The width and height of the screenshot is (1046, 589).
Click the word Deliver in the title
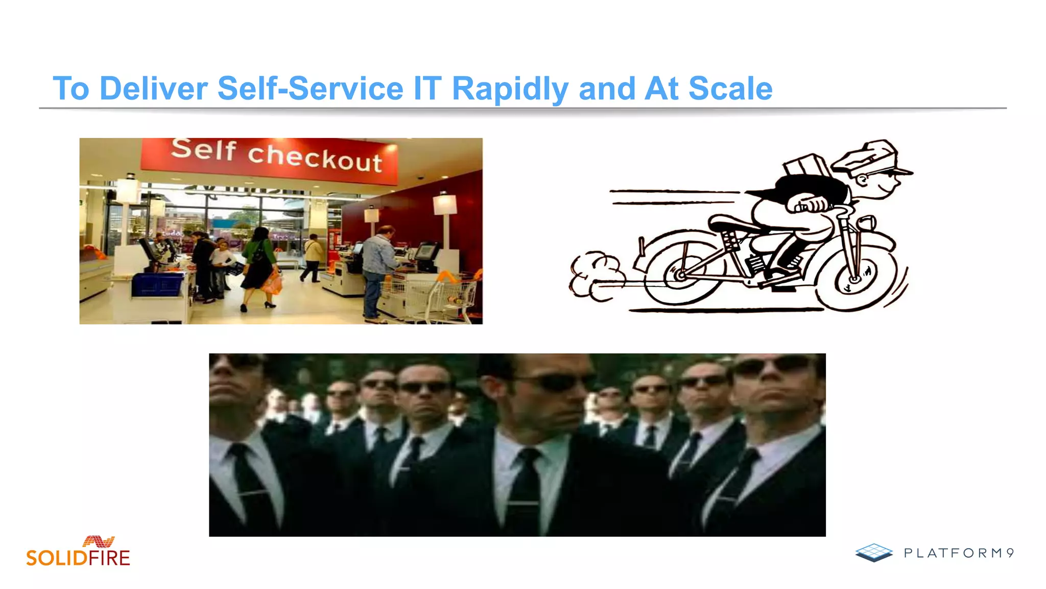point(153,88)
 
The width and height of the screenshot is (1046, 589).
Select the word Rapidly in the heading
point(510,88)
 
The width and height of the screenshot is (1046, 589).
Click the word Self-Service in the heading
point(310,88)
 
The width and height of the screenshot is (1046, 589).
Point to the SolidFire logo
point(79,552)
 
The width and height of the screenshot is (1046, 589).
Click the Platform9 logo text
point(958,553)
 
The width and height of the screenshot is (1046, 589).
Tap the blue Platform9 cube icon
point(874,552)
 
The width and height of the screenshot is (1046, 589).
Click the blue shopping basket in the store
point(157,284)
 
